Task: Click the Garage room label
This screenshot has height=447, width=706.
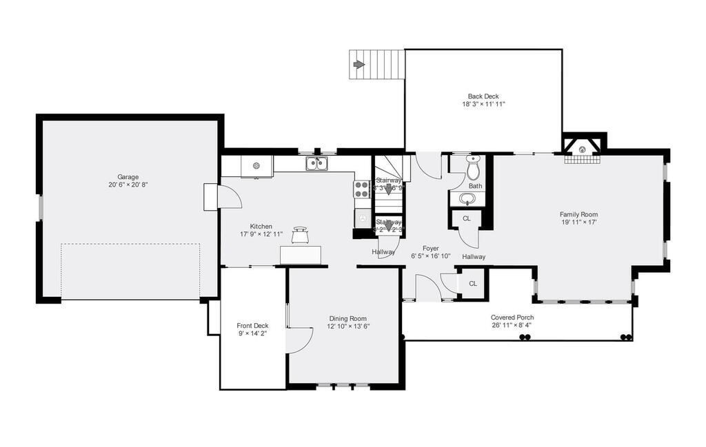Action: pos(128,177)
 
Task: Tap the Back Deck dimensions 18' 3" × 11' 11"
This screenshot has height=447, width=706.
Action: pos(483,105)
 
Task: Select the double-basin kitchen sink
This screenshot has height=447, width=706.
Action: pos(316,164)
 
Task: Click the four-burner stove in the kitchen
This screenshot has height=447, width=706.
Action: pos(362,189)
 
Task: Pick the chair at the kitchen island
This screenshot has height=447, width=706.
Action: pos(301,235)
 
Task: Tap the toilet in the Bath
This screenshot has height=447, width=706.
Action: pos(473,168)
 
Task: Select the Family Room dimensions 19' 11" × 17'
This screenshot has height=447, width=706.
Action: pos(578,222)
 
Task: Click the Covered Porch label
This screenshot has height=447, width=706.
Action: pos(512,318)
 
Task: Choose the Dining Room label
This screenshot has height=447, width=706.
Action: pos(347,318)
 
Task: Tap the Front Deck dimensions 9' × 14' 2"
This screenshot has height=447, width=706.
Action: pos(252,333)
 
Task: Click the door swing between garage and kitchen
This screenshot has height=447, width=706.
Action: pos(230,196)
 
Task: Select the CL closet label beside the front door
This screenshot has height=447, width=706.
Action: pos(473,284)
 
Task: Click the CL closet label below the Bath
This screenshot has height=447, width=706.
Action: pos(467,218)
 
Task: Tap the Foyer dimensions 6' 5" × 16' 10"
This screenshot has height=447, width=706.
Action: pos(431,256)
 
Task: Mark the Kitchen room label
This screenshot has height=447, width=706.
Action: pos(261,226)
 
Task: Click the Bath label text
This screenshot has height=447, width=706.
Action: pos(476,186)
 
